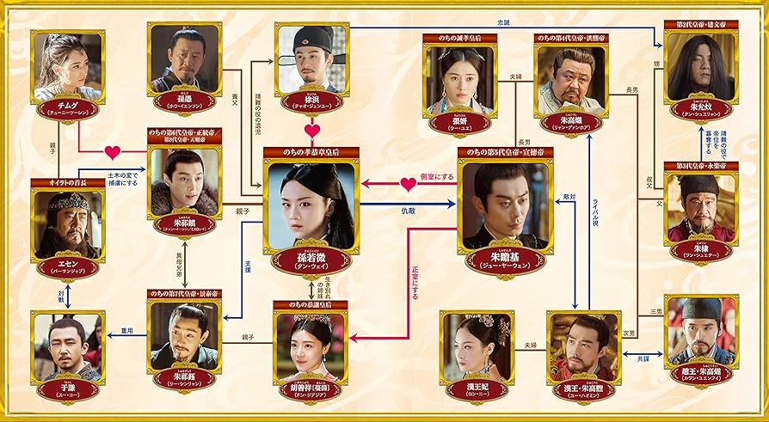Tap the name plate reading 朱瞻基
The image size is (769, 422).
coord(504,260)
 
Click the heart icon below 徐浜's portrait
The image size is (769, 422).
coord(312,131)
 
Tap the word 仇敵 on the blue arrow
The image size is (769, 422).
coord(408,210)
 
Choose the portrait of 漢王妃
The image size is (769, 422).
coord(477,346)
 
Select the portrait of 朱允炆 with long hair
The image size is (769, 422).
coord(701,71)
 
